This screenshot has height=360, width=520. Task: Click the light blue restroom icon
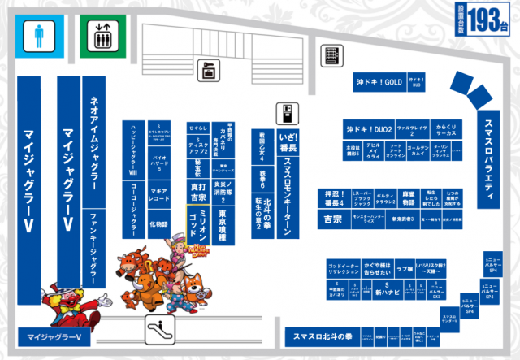click(x=39, y=37)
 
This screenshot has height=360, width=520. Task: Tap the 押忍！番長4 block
click(x=332, y=199)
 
